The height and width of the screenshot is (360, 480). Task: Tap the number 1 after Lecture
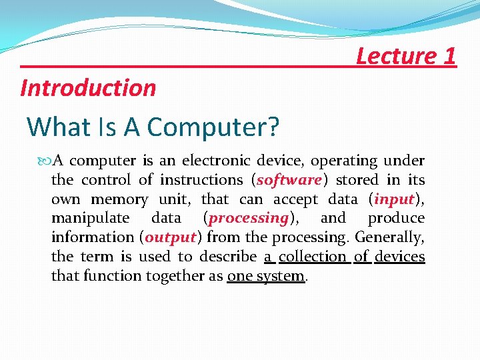(449, 55)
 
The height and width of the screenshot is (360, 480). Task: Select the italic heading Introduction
(88, 87)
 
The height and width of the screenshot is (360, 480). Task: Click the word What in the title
(60, 126)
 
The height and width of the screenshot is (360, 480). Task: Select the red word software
(289, 180)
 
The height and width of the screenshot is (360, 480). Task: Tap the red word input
(395, 199)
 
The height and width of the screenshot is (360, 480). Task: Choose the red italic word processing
(248, 218)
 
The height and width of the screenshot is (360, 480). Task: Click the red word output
(170, 237)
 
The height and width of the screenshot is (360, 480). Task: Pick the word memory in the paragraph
(119, 199)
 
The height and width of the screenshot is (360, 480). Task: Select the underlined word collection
(313, 257)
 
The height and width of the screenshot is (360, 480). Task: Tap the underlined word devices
(400, 257)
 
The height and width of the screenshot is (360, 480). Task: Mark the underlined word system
(279, 276)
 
